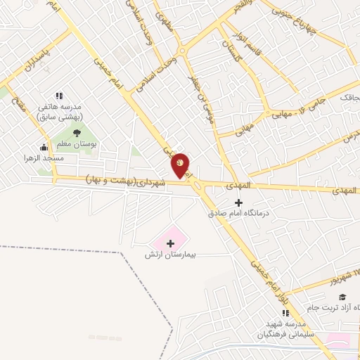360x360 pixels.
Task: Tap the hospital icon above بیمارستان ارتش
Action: point(169,243)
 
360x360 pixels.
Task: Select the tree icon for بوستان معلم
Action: point(77,133)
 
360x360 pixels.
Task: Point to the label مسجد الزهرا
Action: point(61,158)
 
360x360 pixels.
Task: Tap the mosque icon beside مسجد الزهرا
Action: point(44,147)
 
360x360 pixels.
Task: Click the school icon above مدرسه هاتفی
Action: point(59,96)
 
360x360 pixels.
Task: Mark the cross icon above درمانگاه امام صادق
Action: point(238,202)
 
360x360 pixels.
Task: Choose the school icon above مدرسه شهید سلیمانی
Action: point(285,312)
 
